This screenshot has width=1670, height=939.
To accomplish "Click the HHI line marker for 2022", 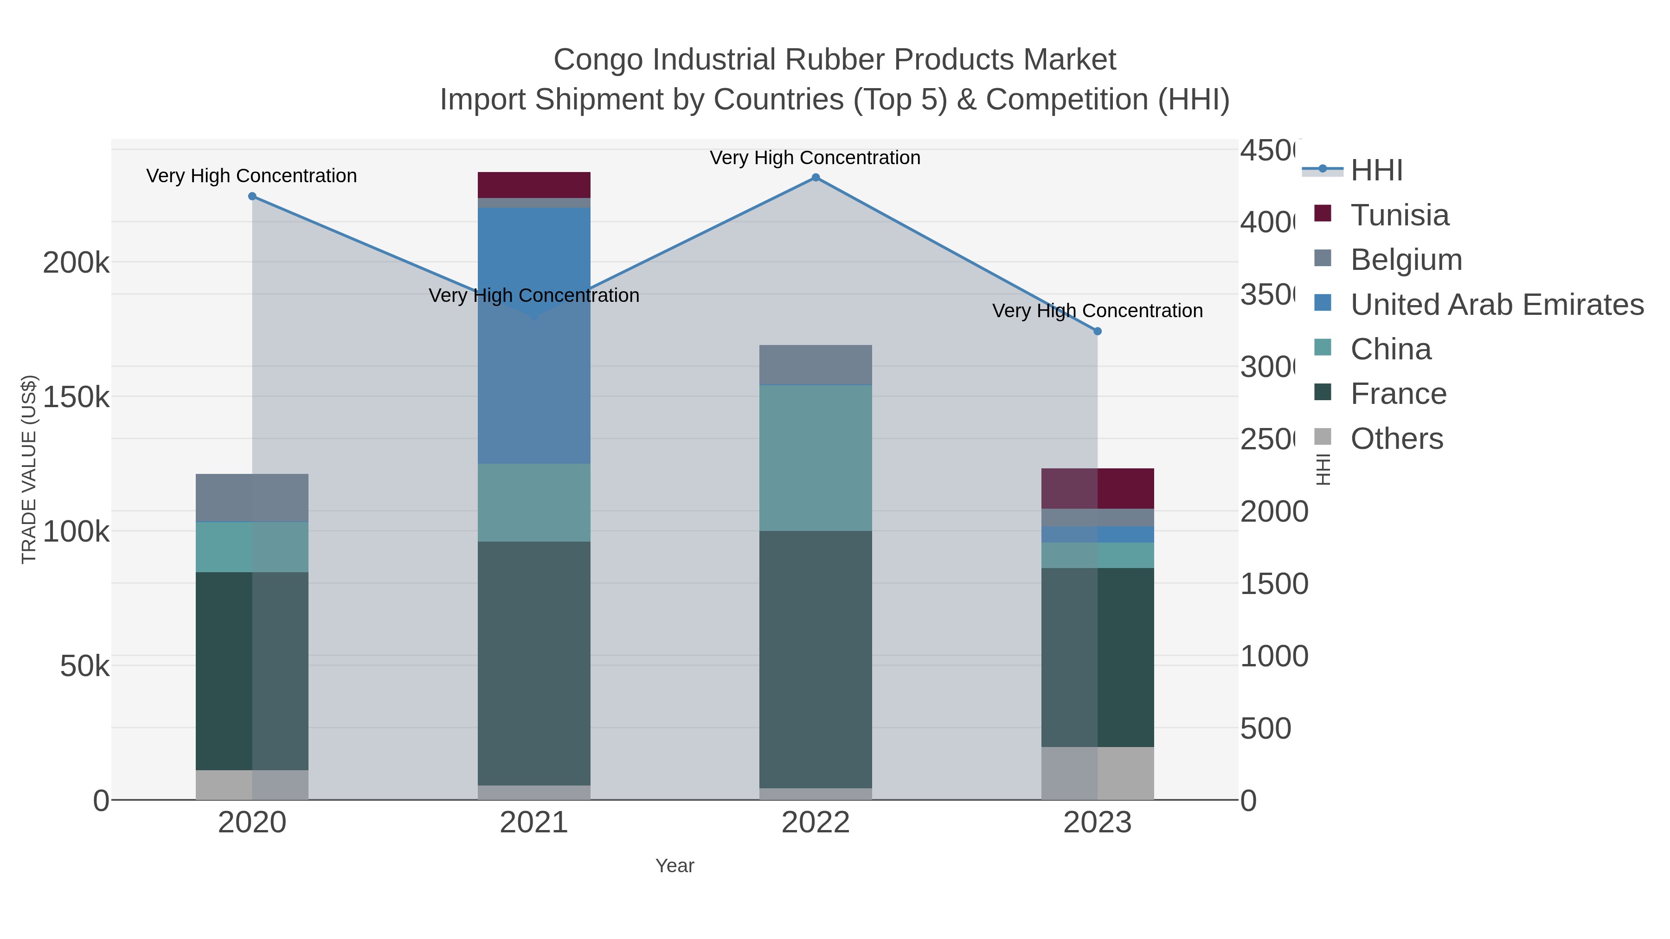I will pyautogui.click(x=816, y=178).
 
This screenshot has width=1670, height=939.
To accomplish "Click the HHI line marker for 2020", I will pyautogui.click(x=252, y=196).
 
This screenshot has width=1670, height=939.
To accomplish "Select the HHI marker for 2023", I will pyautogui.click(x=1098, y=331).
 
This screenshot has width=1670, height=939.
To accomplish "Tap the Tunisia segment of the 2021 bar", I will pyautogui.click(x=533, y=185).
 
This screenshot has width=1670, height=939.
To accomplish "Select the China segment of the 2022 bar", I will pyautogui.click(x=816, y=458).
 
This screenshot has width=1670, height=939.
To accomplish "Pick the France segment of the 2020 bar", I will pyautogui.click(x=252, y=671).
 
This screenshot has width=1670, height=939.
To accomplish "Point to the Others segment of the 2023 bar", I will pyautogui.click(x=1098, y=773).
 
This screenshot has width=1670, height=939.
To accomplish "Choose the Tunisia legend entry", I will pyautogui.click(x=1399, y=215).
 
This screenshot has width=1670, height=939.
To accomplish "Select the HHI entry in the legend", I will pyautogui.click(x=1376, y=171).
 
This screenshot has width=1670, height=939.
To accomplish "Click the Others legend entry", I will pyautogui.click(x=1396, y=439).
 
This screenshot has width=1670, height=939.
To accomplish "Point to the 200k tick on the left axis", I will pyautogui.click(x=76, y=263).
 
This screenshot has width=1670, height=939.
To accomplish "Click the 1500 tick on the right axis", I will pyautogui.click(x=1274, y=584).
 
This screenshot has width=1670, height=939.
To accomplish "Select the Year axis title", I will pyautogui.click(x=674, y=866).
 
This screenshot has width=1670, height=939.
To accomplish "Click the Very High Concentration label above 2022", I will pyautogui.click(x=815, y=158).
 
